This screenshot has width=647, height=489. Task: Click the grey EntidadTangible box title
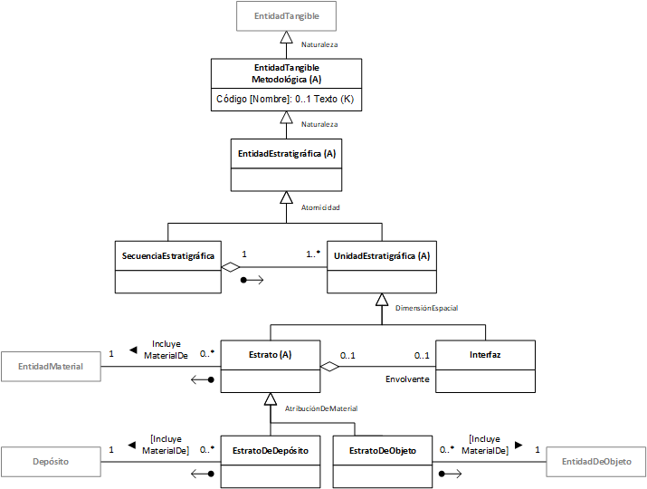point(286,16)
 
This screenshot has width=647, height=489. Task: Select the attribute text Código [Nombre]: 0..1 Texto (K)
point(285,99)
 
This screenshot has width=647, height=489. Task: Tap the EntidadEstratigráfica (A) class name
point(287,154)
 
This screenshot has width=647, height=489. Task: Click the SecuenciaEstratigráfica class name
point(168,256)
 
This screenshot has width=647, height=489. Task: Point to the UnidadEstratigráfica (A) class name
point(382,256)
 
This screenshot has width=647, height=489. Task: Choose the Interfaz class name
point(485,355)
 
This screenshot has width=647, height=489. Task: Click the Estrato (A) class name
point(271,355)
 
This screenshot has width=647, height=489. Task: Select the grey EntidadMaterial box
point(51,367)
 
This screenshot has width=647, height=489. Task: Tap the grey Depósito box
point(51,462)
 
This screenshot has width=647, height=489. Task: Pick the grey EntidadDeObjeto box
point(596,462)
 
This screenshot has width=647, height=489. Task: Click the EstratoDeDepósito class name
point(271,451)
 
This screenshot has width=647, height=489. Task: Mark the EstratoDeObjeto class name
point(383,451)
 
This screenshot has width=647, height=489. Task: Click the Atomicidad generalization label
point(320,207)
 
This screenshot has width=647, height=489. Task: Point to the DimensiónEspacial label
point(426,308)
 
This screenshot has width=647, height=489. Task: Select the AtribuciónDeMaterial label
point(321,408)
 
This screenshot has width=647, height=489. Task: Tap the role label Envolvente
point(407,379)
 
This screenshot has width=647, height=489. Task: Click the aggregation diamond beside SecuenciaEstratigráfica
point(231,267)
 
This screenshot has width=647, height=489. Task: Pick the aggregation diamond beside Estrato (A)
point(329,367)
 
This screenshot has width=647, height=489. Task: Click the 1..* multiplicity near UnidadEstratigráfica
point(313,254)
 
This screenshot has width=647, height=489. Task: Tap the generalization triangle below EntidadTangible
point(286,37)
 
